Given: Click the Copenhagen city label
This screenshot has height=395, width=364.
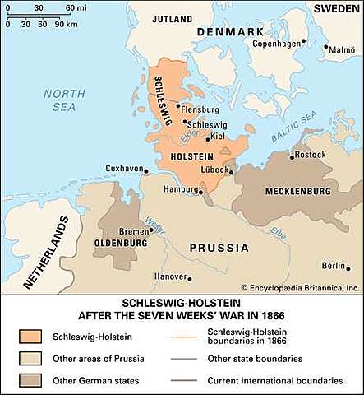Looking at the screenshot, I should (275, 43).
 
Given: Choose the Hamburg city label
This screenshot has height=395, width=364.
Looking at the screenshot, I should (177, 189).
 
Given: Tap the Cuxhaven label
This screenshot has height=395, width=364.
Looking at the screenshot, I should (123, 168).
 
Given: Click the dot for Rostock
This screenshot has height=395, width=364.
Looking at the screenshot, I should (293, 155).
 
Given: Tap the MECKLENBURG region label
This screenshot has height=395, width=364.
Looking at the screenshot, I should (297, 191).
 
